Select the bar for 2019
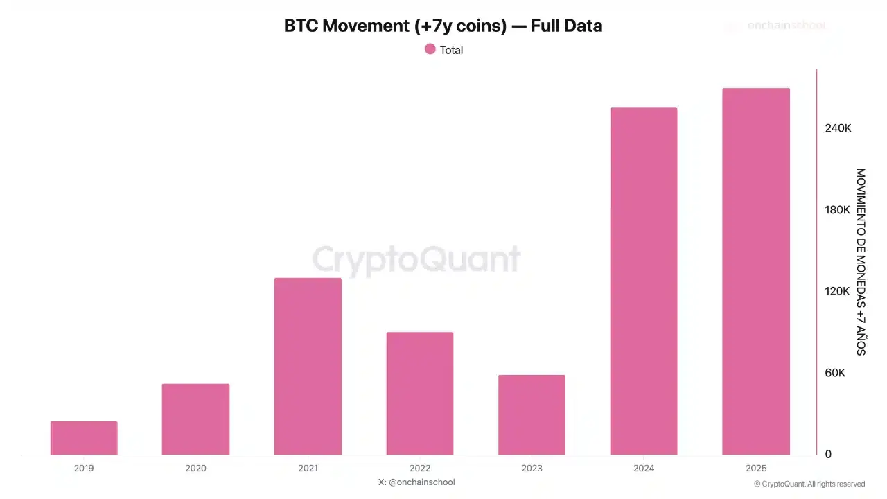pyautogui.click(x=84, y=438)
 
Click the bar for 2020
pyautogui.click(x=195, y=419)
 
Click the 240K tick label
pyautogui.click(x=838, y=128)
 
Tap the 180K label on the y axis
pyautogui.click(x=838, y=209)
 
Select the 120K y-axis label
pyautogui.click(x=838, y=291)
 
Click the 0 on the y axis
pyautogui.click(x=828, y=454)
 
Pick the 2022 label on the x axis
pyautogui.click(x=420, y=469)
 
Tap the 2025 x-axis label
pyautogui.click(x=756, y=469)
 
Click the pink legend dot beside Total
pyautogui.click(x=430, y=49)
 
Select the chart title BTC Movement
pyautogui.click(x=443, y=26)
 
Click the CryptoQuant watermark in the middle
pyautogui.click(x=416, y=259)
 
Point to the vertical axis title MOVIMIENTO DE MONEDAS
pyautogui.click(x=861, y=262)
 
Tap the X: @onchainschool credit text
pyautogui.click(x=416, y=482)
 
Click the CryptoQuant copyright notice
pyautogui.click(x=809, y=484)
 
